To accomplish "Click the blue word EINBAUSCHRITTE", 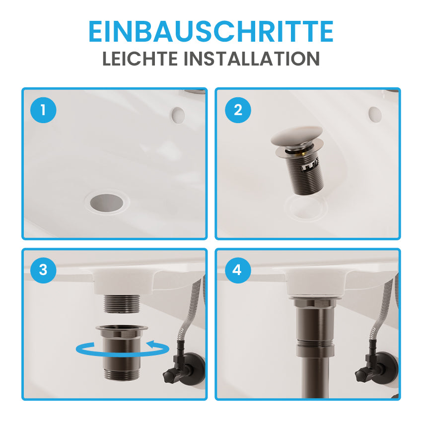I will pos(211,31).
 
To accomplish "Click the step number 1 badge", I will pos(43,110).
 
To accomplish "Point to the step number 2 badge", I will pos(238,110).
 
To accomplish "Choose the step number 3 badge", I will pos(43,270).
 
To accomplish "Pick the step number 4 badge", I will pos(238,270).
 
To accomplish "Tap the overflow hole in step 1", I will pos(178,115).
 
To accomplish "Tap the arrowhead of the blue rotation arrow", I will pos(151,344).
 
